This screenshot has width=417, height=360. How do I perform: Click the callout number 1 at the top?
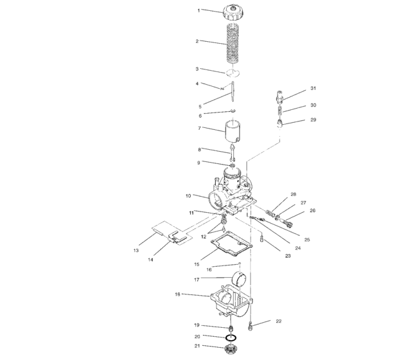click(x=199, y=10)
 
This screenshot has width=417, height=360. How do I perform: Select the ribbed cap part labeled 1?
click(x=233, y=12)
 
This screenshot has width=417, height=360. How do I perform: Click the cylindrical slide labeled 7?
click(x=234, y=134)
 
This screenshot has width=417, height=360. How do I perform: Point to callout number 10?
click(x=188, y=195)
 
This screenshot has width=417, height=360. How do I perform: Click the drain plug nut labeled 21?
click(x=230, y=351)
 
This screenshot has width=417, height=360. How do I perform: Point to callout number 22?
click(x=278, y=320)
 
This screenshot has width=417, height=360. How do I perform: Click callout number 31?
click(x=313, y=88)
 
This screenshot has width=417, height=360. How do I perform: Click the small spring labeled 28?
click(x=274, y=210)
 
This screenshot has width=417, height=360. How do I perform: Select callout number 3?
click(x=199, y=69)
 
